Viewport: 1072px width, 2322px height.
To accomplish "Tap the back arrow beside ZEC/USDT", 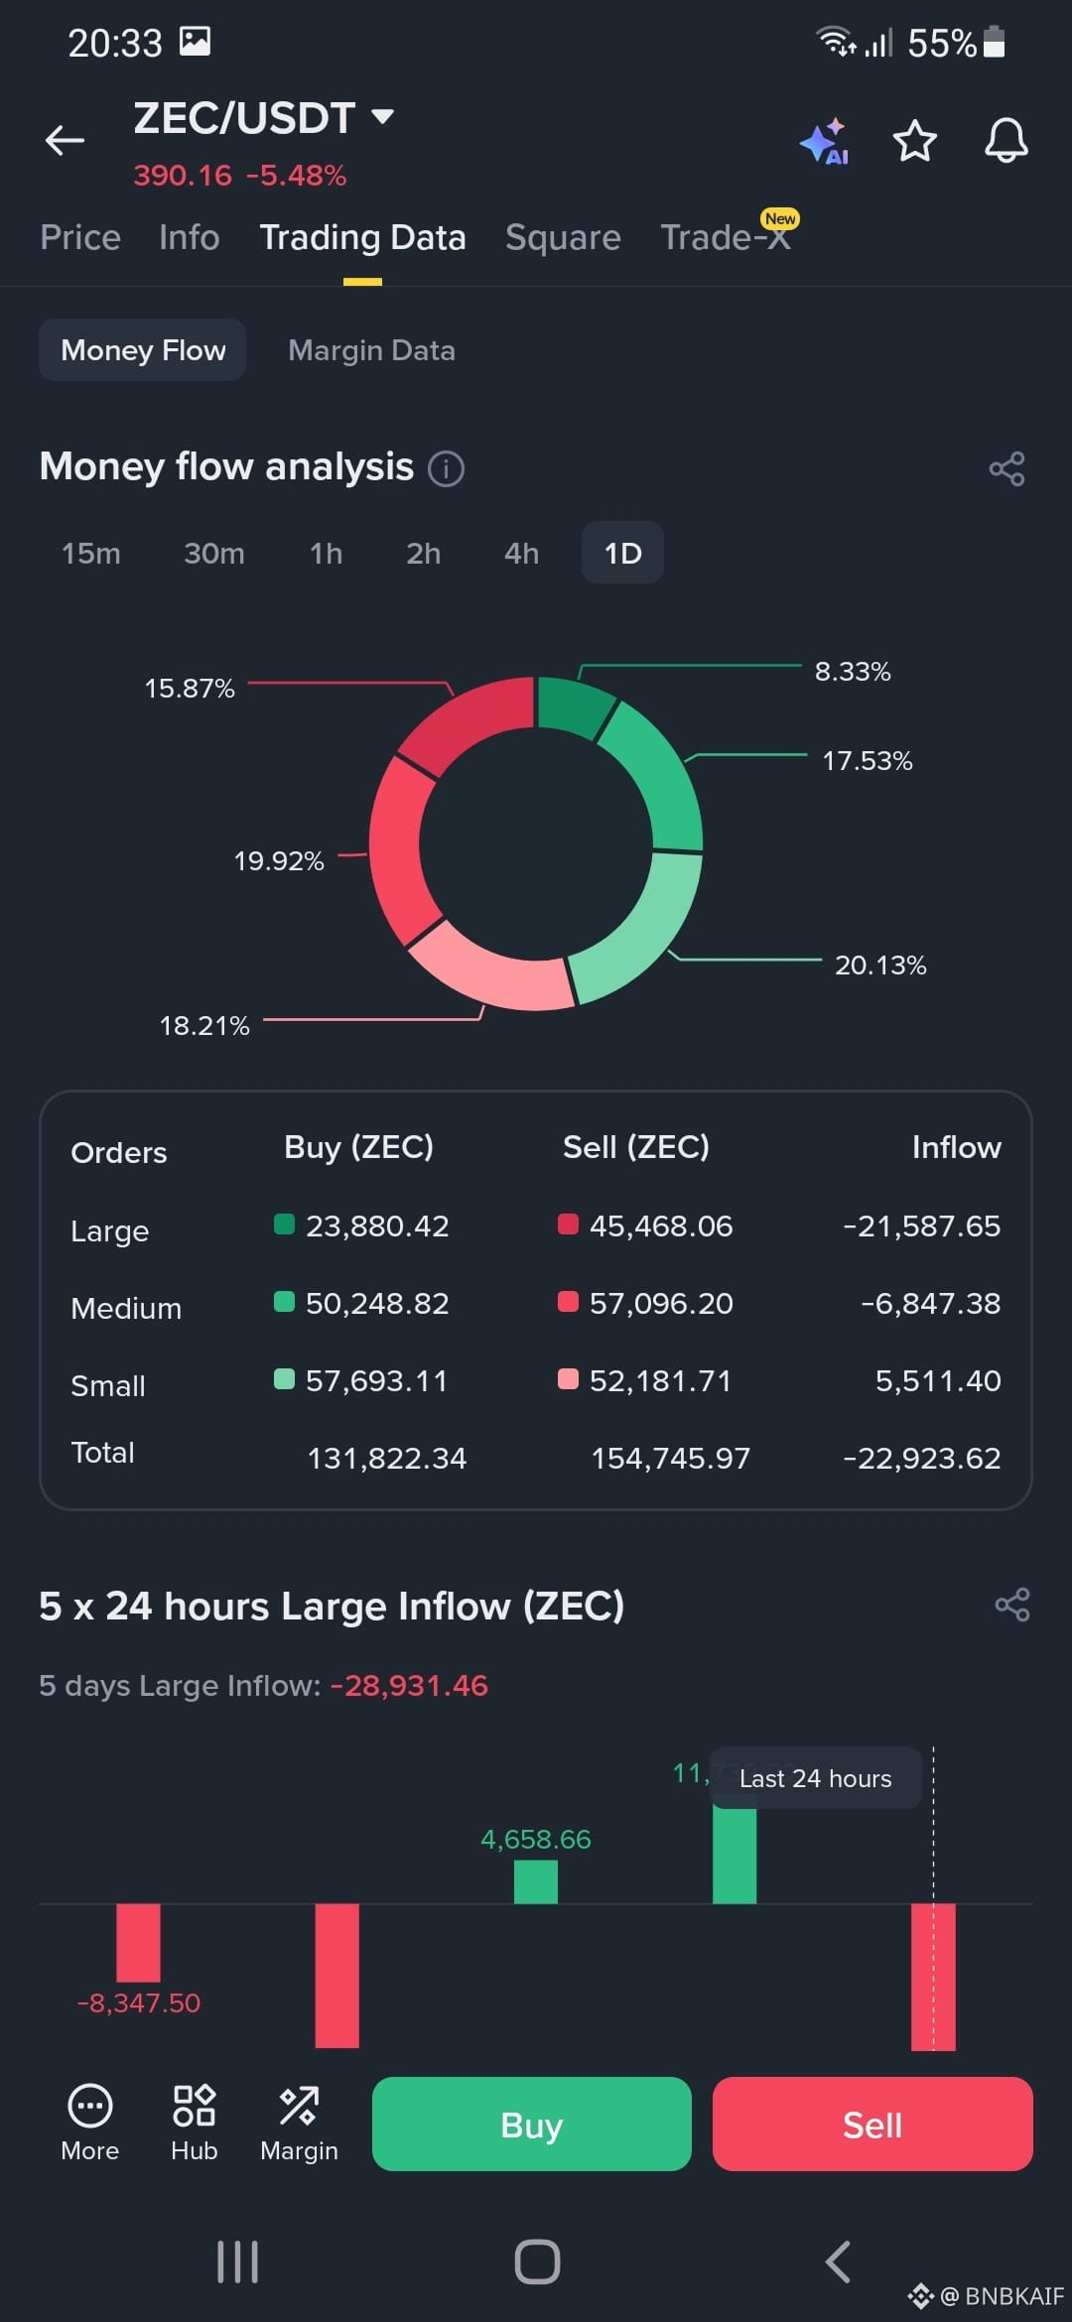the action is coord(65,141).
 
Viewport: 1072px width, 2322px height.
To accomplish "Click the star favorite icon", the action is coord(914,141).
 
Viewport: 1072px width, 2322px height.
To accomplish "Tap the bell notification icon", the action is coord(1005,140).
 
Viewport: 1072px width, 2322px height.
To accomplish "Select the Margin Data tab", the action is coord(371,350).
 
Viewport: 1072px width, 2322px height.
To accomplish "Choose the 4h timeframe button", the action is coord(521,553).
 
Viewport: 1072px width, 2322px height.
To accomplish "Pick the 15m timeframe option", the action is coord(91,553).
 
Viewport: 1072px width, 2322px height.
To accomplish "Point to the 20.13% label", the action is coord(880,965).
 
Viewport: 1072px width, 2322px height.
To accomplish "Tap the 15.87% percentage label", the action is coord(190,688).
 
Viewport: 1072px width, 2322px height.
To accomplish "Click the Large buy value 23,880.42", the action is coord(377,1225).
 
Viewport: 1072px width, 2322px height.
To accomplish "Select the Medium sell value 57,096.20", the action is coord(661,1303).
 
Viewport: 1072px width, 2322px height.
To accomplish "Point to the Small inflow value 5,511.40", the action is coord(938,1380).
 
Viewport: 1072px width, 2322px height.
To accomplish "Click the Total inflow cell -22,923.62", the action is coord(921,1458).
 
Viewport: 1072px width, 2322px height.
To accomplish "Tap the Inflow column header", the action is coord(956,1147).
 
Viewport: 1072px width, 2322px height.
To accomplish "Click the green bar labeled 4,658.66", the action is coord(536,1881).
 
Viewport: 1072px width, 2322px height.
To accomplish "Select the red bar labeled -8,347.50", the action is coord(138,1942).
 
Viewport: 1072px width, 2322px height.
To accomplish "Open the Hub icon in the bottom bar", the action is coord(194,2124).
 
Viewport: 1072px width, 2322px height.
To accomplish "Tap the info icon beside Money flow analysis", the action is coord(446,467).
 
